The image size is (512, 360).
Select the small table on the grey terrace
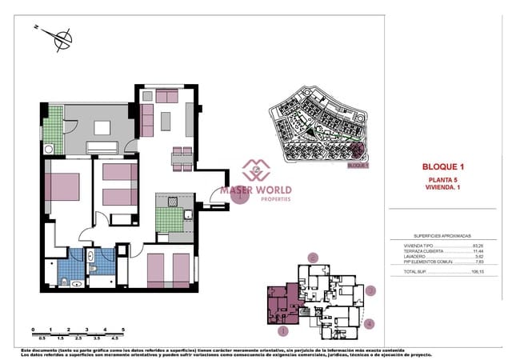102,127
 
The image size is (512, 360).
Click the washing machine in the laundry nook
50,148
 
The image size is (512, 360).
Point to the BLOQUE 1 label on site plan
358,165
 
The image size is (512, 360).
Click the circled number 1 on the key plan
282,330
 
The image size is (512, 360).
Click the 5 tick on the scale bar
123,329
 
